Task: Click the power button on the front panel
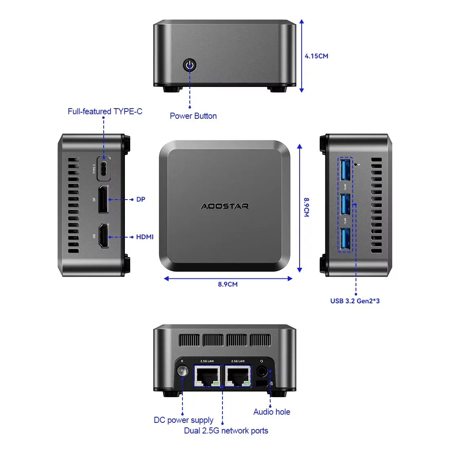(x=190, y=65)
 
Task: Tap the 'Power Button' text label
(x=193, y=116)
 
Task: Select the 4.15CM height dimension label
(x=316, y=56)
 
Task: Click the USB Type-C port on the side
(x=104, y=168)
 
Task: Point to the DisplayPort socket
(x=103, y=199)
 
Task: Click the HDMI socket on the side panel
(x=104, y=236)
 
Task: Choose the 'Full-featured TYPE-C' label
(x=105, y=111)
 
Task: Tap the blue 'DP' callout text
(x=141, y=199)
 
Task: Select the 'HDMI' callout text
(x=145, y=237)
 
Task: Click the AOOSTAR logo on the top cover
(x=224, y=206)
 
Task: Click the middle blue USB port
(x=345, y=204)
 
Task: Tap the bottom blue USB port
(x=345, y=239)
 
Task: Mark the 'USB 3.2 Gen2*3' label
(x=355, y=301)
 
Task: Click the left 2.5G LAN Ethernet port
(x=207, y=376)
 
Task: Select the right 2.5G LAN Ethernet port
(x=238, y=376)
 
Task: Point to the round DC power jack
(x=182, y=371)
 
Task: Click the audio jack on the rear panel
(x=262, y=372)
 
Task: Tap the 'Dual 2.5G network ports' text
(x=226, y=431)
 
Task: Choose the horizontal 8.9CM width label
(x=227, y=284)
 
